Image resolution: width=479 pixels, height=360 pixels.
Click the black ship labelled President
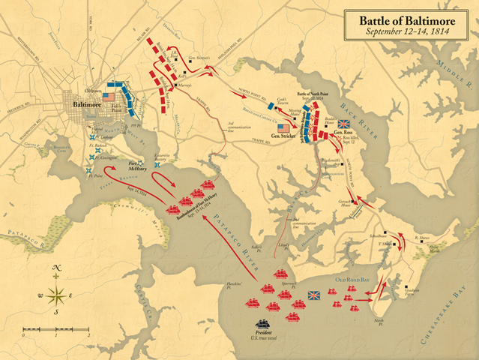point(263,325)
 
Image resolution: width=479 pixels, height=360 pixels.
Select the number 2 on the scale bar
point(88,335)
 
